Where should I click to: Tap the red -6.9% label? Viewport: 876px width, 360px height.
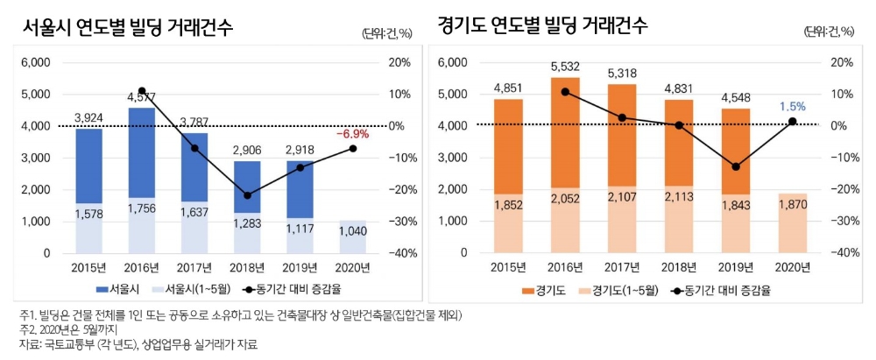click(x=353, y=135)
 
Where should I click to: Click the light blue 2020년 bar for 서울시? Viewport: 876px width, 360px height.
click(x=353, y=236)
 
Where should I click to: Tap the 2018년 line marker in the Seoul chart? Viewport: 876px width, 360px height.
click(x=247, y=195)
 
